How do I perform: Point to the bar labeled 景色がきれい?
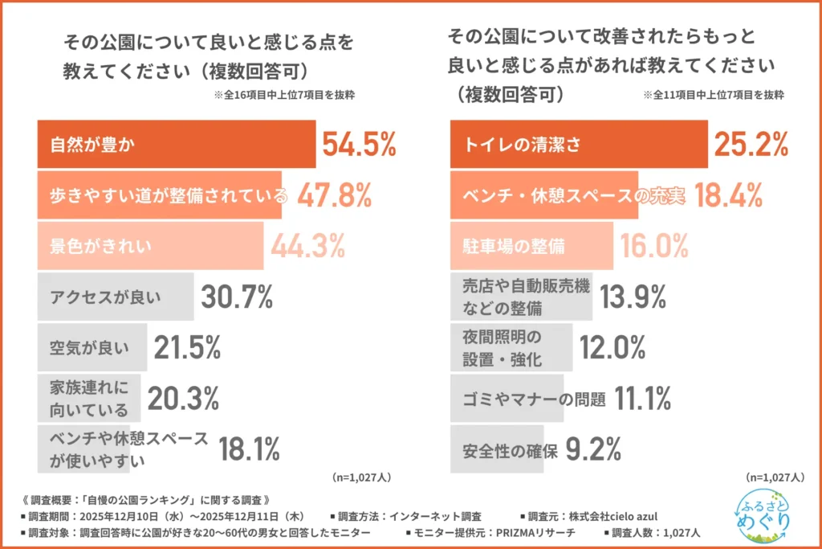click(x=150, y=244)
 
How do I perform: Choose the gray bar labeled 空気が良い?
click(x=92, y=348)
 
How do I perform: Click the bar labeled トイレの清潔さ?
click(x=578, y=145)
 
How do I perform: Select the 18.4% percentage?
click(x=728, y=195)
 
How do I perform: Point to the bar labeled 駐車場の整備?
click(x=531, y=246)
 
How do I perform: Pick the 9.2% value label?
click(x=595, y=449)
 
